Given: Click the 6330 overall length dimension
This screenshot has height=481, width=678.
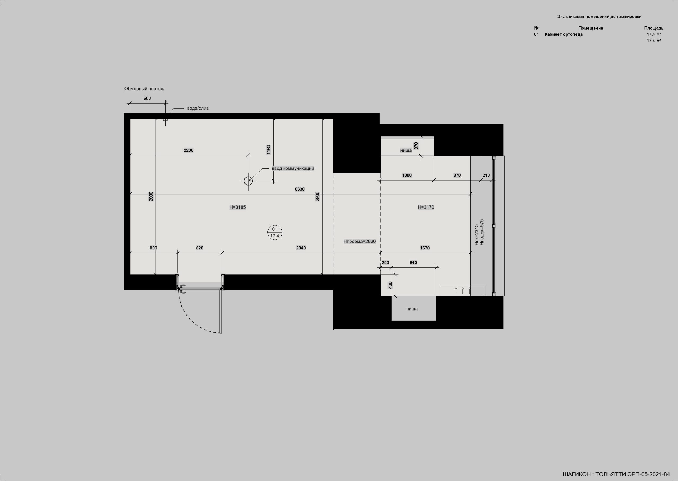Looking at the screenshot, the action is (x=300, y=189).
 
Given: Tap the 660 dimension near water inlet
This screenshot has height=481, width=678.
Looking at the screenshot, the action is (x=147, y=98).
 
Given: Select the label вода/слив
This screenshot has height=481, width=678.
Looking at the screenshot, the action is (x=198, y=108).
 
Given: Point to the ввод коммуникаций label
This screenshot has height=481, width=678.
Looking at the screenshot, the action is (x=293, y=169).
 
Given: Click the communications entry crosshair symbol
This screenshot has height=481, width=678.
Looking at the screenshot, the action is (x=248, y=180).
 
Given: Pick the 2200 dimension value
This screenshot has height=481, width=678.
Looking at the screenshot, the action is (x=189, y=150).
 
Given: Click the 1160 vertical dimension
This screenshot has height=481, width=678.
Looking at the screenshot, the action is (x=269, y=150).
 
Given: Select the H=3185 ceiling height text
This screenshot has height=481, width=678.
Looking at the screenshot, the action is (x=237, y=207).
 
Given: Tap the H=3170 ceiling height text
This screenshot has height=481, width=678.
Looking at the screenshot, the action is (x=426, y=207).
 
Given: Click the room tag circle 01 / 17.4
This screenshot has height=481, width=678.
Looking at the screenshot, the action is (x=275, y=232).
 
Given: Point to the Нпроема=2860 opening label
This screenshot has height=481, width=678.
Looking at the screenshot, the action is (x=359, y=241).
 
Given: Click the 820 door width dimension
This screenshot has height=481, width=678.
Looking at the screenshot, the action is (x=199, y=248).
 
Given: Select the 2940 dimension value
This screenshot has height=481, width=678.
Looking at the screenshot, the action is (x=301, y=248).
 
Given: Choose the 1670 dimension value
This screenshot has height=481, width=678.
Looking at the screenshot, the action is (x=425, y=248).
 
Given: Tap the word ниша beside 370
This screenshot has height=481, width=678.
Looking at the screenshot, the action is (x=406, y=150).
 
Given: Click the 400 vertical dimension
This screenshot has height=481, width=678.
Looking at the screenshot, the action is (x=390, y=285).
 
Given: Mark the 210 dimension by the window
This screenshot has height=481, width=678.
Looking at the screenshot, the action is (x=486, y=175).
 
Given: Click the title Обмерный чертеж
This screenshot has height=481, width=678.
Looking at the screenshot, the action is (x=144, y=89).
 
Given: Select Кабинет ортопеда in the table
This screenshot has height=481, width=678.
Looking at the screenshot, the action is (x=564, y=34).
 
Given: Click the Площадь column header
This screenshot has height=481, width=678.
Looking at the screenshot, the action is (x=653, y=28).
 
